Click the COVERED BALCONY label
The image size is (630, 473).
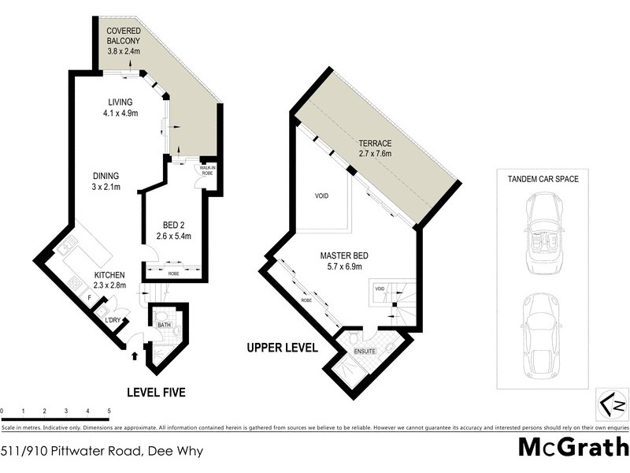[x=124, y=40]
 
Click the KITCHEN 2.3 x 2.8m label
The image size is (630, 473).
[x=87, y=279]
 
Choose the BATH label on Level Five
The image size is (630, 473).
[x=164, y=324]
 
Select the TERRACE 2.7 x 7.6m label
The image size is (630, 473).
[x=374, y=147]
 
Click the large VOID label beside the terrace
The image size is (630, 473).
[x=321, y=196]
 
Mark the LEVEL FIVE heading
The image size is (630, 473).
[x=157, y=392]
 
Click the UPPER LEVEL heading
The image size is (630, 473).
[x=282, y=348]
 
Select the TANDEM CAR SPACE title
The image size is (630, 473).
[x=543, y=179]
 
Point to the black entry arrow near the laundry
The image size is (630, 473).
[x=133, y=356]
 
